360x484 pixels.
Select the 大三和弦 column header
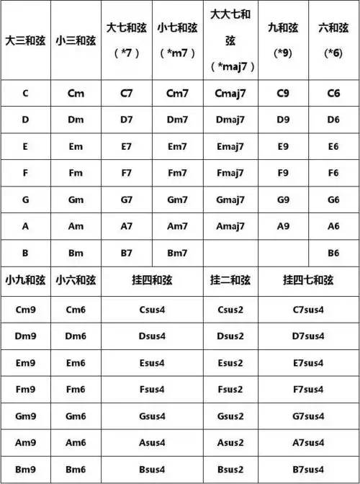pos(25,39)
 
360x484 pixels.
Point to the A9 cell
pos(283,226)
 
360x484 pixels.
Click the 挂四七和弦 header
pos(308,280)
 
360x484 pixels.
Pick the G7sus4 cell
pos(308,416)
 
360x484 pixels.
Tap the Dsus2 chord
pos(230,336)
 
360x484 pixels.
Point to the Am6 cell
pos(76,443)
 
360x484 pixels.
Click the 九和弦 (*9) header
pos(283,39)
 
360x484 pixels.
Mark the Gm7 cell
pos(177,200)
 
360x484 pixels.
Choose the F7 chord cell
pos(127,173)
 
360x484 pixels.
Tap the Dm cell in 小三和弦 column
pos(76,120)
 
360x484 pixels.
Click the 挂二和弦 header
pos(230,280)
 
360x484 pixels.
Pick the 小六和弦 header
pos(76,280)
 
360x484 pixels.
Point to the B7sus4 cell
pos(308,470)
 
